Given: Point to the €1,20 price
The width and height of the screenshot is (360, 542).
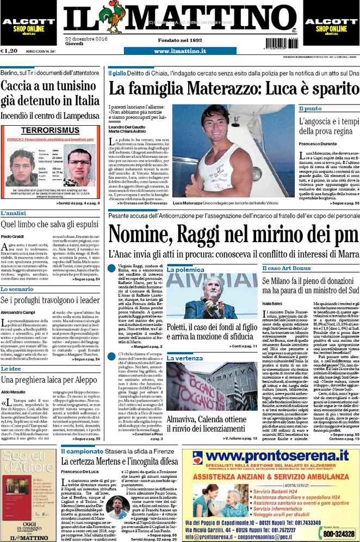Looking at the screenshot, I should (x=12, y=51).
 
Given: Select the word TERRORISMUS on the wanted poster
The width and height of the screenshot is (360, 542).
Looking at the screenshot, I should (x=51, y=131).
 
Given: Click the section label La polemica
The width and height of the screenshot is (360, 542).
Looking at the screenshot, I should (x=186, y=269).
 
